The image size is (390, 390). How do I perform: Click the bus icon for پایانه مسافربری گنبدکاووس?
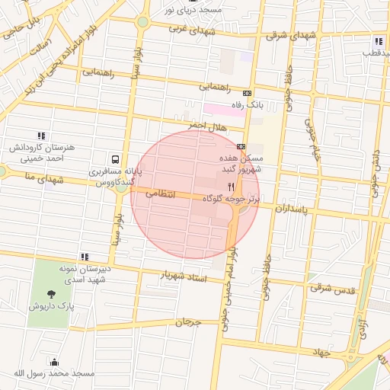coord(115,160)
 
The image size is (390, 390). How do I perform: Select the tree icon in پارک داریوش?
coord(51,295)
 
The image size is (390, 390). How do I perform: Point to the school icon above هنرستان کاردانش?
coord(41,135)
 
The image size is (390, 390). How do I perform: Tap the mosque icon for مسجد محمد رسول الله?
coord(53,363)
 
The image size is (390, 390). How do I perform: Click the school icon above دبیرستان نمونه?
coord(85,257)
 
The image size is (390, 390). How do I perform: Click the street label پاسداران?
coord(292,207)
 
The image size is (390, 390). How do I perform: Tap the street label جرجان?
coord(188,322)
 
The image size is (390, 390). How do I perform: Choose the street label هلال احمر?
coord(187,123)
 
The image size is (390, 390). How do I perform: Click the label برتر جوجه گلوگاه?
coord(232,198)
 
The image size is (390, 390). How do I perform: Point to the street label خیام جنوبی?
coord(311,139)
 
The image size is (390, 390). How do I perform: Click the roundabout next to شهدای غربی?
coord(143,22)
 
